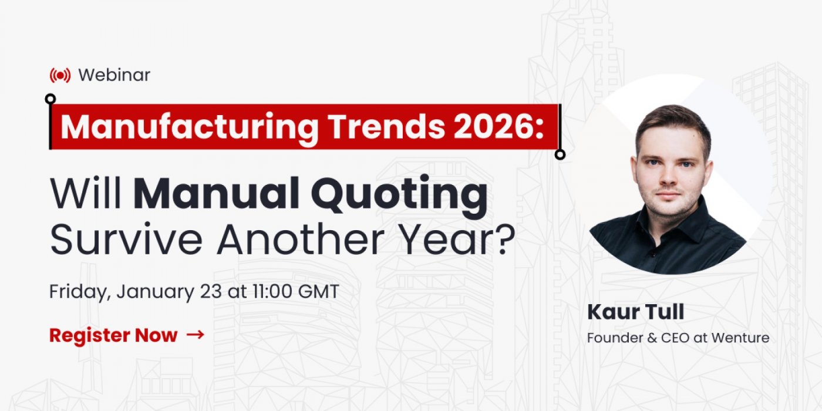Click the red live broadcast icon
60,75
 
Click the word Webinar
114,75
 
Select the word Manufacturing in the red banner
189,127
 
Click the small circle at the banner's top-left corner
50,99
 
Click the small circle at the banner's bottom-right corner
560,154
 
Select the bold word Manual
217,193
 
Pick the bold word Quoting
399,197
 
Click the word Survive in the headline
126,240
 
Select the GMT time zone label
318,292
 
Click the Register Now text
113,335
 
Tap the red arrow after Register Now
195,334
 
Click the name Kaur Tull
635,312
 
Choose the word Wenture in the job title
740,338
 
